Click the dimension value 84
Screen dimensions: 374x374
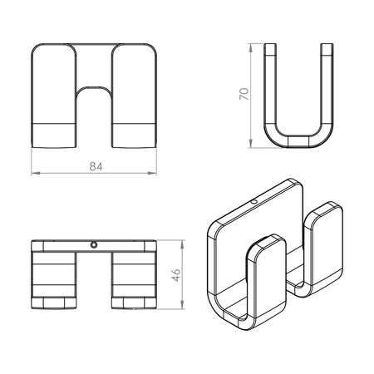click(94, 167)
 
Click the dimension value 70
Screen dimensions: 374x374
click(242, 94)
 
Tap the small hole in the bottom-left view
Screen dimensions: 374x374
click(94, 244)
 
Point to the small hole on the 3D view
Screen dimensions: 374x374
click(254, 201)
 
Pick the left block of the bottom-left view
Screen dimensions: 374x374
click(53, 278)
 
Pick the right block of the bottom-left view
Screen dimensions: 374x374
click(133, 278)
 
